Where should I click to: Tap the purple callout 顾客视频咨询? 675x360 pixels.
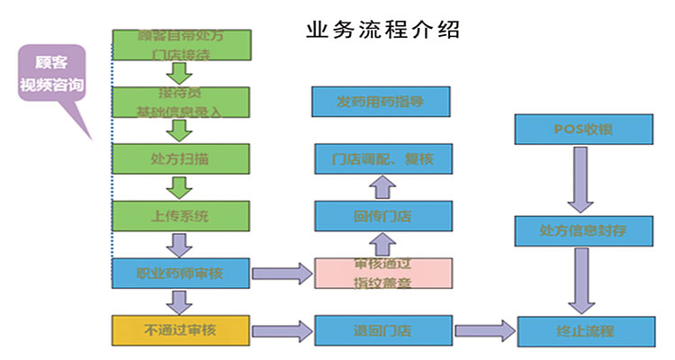coord(52,77)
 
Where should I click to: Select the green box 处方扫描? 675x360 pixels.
coord(180,158)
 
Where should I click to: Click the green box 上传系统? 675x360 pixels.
coord(180,216)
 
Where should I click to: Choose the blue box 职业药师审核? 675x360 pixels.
coord(180,274)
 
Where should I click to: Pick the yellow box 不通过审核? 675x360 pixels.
coord(180,330)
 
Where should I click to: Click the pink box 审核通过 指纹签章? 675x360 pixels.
coord(382,273)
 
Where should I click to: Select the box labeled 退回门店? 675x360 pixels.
coord(382,330)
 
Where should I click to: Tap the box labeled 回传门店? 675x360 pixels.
coord(382,216)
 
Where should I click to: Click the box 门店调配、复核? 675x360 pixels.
coord(382,159)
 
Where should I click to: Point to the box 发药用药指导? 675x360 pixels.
coord(381,101)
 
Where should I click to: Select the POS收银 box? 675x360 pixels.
coord(582,130)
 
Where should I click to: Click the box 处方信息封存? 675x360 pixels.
coord(582,230)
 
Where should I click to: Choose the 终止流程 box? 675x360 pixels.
coord(582,330)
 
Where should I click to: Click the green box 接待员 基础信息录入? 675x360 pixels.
coord(180,103)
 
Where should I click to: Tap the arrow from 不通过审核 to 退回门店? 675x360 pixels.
coord(281,330)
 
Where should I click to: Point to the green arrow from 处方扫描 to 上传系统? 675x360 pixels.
coord(181,187)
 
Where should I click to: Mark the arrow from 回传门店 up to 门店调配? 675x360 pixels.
coord(382,187)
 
